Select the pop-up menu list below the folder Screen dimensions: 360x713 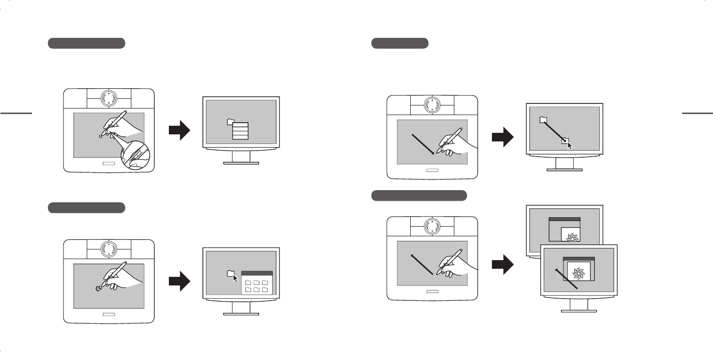click(x=240, y=130)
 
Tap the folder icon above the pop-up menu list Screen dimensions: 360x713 click(x=231, y=122)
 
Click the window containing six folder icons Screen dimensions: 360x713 click(x=257, y=283)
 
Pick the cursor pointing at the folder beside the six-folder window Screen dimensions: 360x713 click(x=235, y=278)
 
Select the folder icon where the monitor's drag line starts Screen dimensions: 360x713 click(x=543, y=120)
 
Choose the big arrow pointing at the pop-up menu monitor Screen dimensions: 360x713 click(x=179, y=131)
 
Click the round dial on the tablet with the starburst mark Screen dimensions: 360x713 click(x=109, y=249)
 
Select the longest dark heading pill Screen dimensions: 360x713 click(x=419, y=195)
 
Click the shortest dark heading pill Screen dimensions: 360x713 click(x=400, y=43)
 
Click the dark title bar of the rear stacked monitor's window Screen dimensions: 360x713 click(x=564, y=219)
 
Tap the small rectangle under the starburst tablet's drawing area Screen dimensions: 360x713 click(x=109, y=314)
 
